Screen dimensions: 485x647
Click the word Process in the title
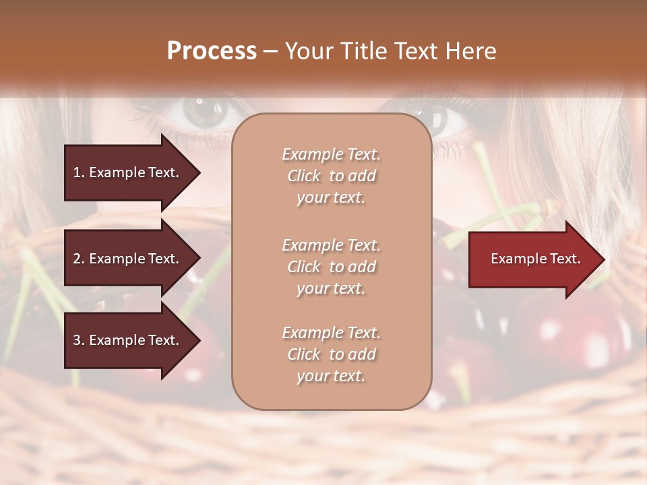click(212, 51)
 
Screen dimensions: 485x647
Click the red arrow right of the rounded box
click(532, 259)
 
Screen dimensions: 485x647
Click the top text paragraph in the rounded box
click(331, 176)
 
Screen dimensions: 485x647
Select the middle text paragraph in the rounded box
click(331, 267)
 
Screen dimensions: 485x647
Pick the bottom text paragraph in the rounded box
click(331, 354)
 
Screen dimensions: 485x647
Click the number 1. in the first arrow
click(79, 172)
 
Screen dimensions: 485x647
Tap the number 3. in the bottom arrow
click(79, 340)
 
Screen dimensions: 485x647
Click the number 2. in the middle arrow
click(79, 259)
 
